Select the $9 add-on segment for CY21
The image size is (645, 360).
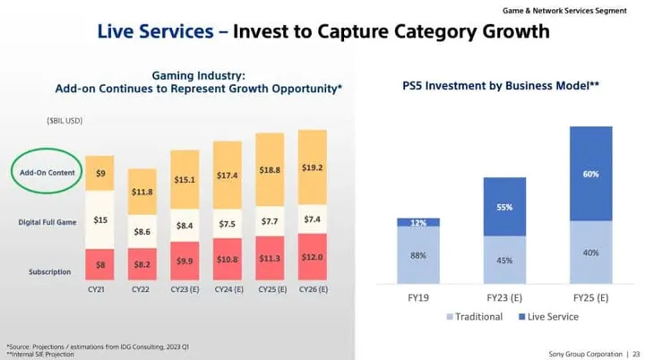tap(100, 173)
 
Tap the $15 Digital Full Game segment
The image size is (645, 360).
tap(100, 219)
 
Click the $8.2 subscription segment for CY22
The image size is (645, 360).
tap(142, 265)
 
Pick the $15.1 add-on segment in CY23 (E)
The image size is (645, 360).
tap(185, 179)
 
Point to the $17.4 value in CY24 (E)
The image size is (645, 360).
tap(228, 176)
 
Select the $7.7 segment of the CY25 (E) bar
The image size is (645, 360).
tap(270, 219)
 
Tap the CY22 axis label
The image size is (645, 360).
tap(142, 289)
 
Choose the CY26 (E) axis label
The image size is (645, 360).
tap(312, 289)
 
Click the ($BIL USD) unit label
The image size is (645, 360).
tap(64, 120)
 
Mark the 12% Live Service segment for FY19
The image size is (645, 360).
tap(418, 222)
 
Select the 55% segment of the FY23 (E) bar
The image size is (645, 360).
tap(504, 207)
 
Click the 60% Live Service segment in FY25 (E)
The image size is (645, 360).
tap(590, 174)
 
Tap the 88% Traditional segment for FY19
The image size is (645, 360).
tap(418, 255)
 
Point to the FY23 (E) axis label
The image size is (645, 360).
tap(504, 296)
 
